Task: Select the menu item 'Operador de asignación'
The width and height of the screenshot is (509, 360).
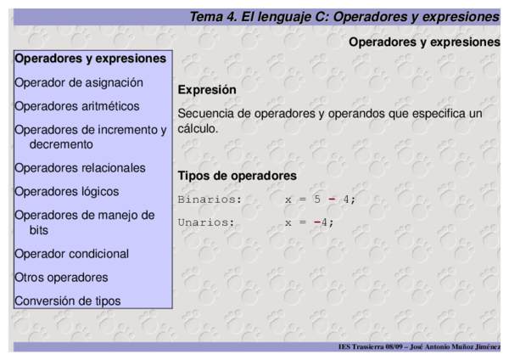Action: point(79,82)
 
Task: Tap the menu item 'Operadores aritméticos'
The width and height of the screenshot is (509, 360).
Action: point(77,106)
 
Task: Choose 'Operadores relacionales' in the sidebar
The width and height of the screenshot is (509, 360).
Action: point(80,168)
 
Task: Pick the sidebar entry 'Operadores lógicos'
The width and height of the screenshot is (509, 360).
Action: point(67,192)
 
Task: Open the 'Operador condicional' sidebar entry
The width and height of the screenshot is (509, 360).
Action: point(72,254)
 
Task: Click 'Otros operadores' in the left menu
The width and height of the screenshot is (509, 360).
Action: point(61,277)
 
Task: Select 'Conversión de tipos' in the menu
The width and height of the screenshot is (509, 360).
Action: point(68,301)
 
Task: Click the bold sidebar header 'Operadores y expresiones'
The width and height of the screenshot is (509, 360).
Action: point(90,59)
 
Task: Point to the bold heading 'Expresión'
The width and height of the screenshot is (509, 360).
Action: point(207,89)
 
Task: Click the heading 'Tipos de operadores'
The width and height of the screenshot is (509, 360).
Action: point(237,176)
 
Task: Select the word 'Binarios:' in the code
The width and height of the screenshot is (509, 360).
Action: point(210,200)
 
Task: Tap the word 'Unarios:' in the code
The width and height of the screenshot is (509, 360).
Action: point(206,222)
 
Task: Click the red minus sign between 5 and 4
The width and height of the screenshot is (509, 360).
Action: point(332,200)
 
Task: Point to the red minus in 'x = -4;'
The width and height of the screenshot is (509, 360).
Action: point(316,222)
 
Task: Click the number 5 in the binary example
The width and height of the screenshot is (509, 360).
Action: point(316,200)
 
